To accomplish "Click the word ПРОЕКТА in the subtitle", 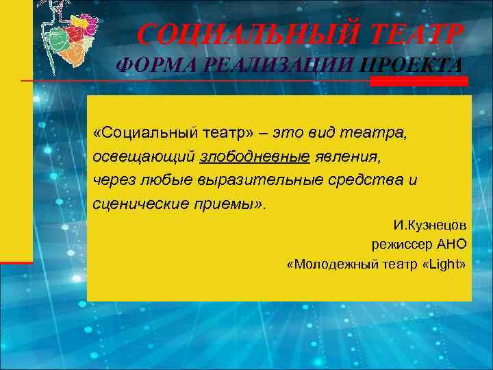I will [411, 66].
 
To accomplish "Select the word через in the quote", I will [110, 180].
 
